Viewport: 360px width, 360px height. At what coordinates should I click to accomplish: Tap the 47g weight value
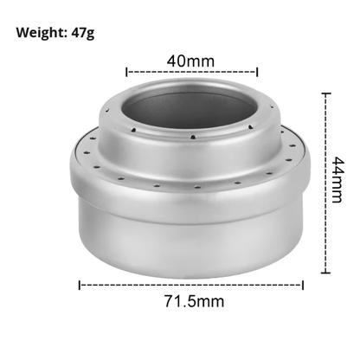tap(83, 33)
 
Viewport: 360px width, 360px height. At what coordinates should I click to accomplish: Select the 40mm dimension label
tap(190, 61)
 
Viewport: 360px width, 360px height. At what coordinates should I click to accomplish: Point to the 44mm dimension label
tap(337, 179)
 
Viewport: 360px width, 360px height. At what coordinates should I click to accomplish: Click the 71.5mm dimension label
tap(194, 301)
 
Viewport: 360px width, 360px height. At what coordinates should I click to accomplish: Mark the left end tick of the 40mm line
tap(126, 72)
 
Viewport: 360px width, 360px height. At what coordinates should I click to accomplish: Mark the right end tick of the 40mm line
tap(257, 72)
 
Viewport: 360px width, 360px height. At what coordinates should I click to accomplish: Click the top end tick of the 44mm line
tap(326, 93)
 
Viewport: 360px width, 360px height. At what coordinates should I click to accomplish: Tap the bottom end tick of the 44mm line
tap(326, 272)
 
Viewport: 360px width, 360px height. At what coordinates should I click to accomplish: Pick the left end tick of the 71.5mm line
tap(80, 285)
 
